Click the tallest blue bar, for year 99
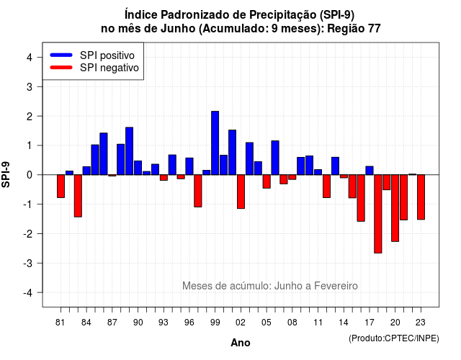click(x=215, y=143)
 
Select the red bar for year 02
click(x=241, y=192)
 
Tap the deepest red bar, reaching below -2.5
click(x=377, y=214)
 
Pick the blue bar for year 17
click(x=370, y=171)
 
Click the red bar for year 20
click(x=395, y=208)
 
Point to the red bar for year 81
click(x=61, y=186)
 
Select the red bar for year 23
click(x=421, y=197)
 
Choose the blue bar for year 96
click(x=189, y=166)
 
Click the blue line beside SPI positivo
click(x=61, y=55)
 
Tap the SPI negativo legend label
click(x=109, y=68)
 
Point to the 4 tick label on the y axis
click(x=30, y=58)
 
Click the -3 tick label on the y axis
click(x=27, y=263)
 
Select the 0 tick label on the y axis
click(x=30, y=175)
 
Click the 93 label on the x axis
click(x=164, y=323)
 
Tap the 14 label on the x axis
click(x=343, y=323)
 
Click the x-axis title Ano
click(x=241, y=343)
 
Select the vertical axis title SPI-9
click(x=6, y=174)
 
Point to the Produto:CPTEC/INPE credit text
click(x=394, y=338)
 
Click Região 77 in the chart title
click(x=354, y=29)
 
